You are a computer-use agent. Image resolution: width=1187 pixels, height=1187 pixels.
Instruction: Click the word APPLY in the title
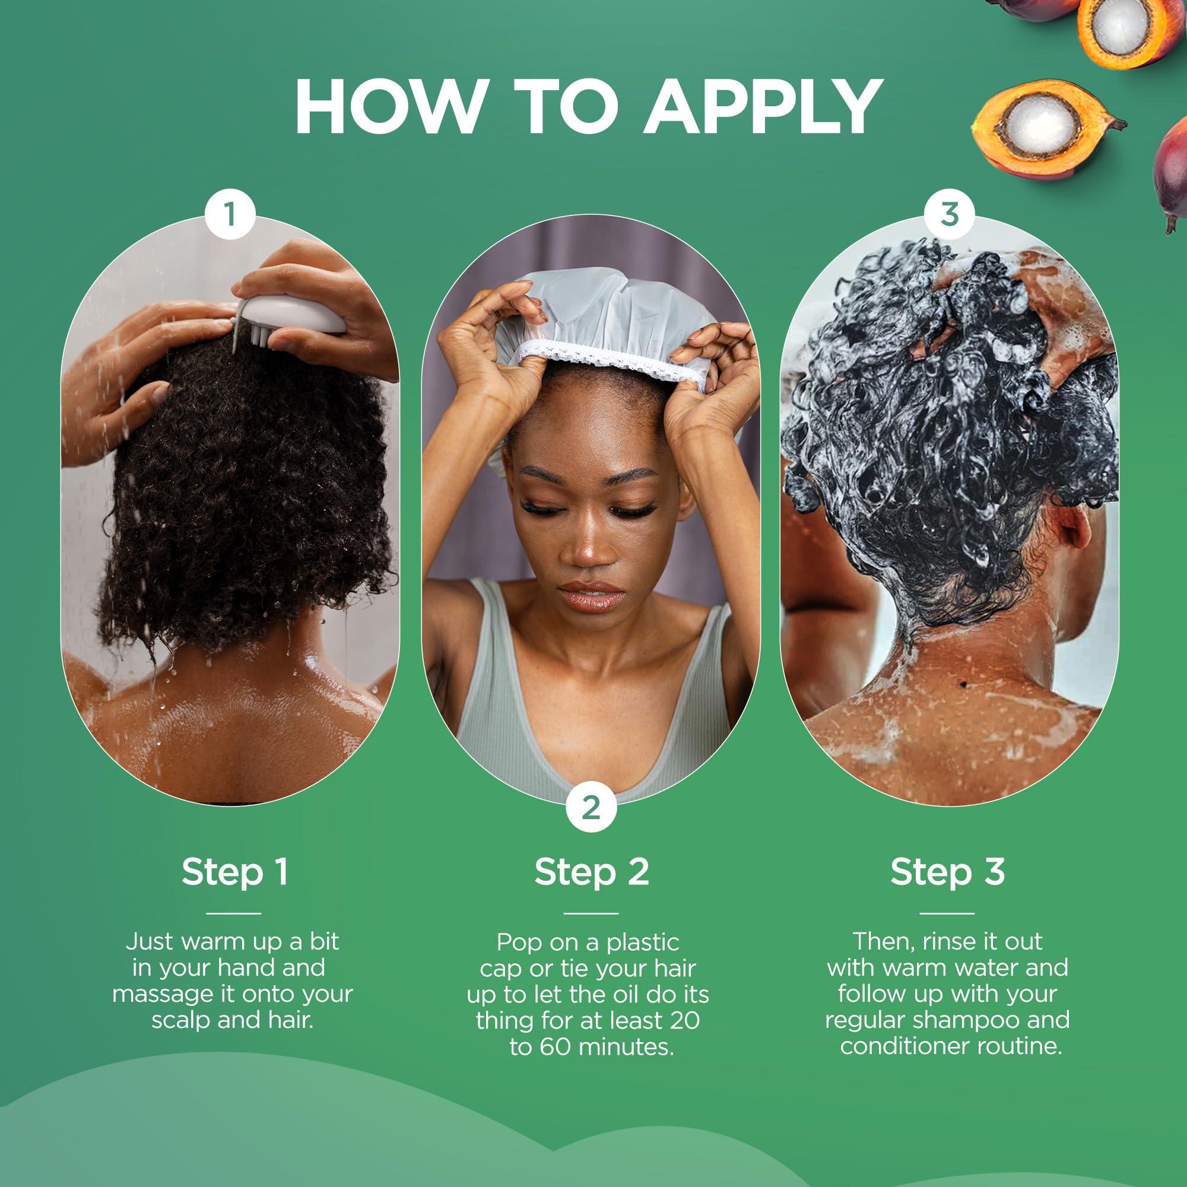point(763,107)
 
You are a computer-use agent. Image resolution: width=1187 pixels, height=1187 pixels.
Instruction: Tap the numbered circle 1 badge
point(230,215)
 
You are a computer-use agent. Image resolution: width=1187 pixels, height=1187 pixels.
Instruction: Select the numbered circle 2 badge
point(591,807)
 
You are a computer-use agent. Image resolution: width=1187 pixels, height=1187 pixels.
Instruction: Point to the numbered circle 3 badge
point(949,214)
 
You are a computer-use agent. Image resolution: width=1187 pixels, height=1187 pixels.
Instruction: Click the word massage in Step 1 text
point(157,995)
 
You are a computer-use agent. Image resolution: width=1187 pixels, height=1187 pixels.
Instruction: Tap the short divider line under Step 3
point(947,913)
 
